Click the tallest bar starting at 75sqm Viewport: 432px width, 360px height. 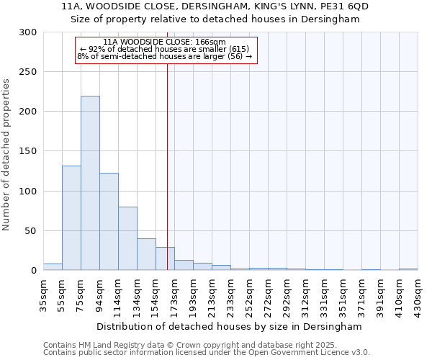tap(90, 183)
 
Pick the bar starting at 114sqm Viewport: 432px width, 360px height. tap(127, 238)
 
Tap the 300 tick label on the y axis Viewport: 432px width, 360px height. tap(28, 32)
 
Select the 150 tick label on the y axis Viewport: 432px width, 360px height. tap(28, 151)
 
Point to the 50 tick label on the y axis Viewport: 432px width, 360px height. tap(31, 231)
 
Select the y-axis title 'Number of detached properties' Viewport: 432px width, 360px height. tap(6, 155)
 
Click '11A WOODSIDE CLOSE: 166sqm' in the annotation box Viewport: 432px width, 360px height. tap(165, 42)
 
